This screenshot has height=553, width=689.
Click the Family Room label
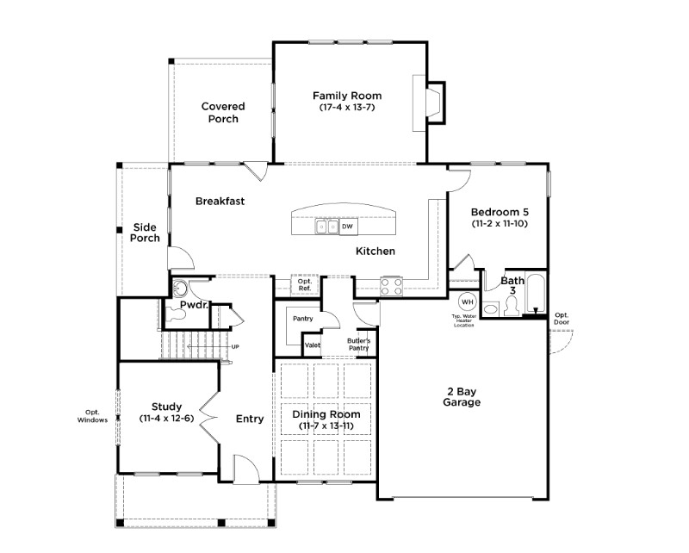347,96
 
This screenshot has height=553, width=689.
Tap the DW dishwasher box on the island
348,227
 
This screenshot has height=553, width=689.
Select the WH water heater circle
467,302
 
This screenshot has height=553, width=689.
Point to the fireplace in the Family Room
429,103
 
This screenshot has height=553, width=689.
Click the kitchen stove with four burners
391,286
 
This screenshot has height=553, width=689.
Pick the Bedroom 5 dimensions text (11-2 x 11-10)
500,223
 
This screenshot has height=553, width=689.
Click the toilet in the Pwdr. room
177,314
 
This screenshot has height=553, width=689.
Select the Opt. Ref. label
305,284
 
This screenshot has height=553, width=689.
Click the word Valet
313,345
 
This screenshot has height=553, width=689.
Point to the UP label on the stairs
235,347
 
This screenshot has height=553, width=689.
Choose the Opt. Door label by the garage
562,318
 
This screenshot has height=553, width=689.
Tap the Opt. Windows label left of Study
92,416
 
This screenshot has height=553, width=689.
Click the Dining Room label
326,414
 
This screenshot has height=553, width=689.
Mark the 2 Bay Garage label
462,397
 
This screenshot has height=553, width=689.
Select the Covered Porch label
223,113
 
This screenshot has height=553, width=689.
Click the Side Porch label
145,233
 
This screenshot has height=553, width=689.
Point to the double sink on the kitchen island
327,227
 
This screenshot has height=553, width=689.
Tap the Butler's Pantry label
358,345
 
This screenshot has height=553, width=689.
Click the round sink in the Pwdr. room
180,288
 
